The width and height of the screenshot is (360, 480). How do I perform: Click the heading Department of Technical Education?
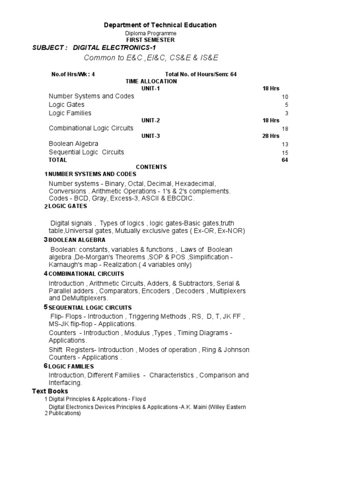160,25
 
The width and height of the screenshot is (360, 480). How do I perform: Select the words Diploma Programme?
150,33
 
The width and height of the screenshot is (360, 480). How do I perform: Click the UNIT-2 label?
150,120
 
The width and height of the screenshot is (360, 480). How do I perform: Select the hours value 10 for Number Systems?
285,97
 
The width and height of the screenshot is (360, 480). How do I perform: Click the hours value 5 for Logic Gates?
286,105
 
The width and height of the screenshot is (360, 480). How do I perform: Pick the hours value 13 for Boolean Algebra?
285,144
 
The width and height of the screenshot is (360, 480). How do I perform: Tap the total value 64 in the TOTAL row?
285,160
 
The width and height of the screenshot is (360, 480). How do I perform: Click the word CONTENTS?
151,167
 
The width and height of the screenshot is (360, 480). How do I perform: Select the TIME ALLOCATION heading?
151,81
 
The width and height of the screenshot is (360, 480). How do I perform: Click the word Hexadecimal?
194,183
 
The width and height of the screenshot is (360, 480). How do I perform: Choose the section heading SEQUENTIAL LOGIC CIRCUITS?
90,307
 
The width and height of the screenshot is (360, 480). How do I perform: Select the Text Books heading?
50,391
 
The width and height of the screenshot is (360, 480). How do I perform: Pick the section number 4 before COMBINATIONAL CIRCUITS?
45,274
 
